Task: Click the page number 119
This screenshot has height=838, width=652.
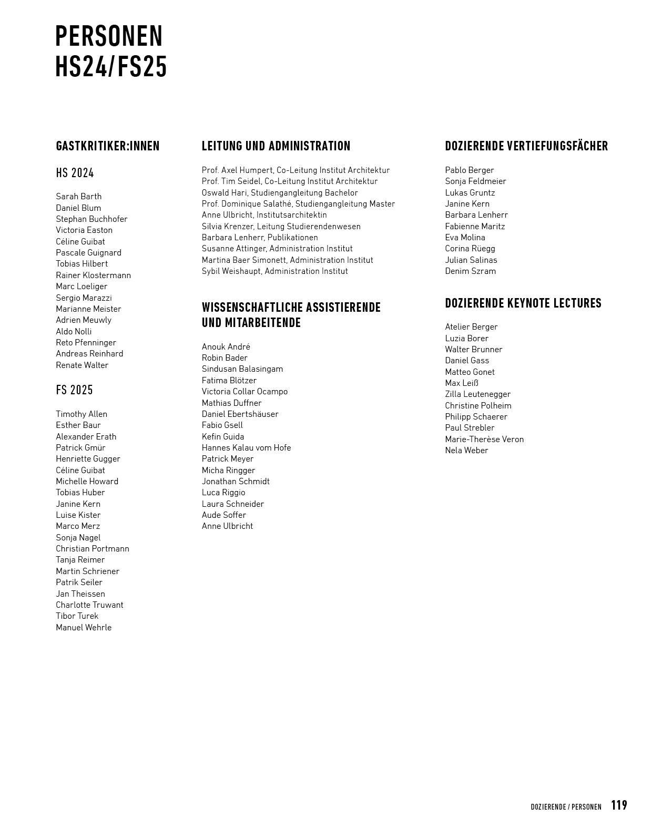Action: (x=619, y=805)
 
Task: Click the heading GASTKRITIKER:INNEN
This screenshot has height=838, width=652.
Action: (x=108, y=146)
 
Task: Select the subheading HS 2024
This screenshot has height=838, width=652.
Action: (x=75, y=173)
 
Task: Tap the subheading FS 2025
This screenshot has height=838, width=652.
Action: (x=75, y=390)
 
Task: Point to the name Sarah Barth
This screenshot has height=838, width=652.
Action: (x=79, y=197)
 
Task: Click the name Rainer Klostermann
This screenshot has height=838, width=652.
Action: (x=94, y=275)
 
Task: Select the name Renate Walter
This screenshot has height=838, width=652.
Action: (x=82, y=365)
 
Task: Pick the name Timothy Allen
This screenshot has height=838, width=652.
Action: (x=81, y=414)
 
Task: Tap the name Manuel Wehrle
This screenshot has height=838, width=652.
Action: (x=84, y=627)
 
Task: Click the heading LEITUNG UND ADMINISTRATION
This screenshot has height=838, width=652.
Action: (x=276, y=146)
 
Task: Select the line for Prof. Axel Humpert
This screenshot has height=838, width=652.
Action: (x=296, y=170)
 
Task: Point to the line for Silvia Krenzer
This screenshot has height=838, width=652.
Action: (x=281, y=227)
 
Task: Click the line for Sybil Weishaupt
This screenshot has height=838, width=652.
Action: (x=275, y=271)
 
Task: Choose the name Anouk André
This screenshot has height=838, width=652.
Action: (x=226, y=347)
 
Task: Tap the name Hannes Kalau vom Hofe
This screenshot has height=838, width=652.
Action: (x=246, y=448)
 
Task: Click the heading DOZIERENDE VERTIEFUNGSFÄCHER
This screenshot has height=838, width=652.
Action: (x=526, y=146)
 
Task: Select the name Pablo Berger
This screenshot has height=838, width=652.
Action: (x=470, y=170)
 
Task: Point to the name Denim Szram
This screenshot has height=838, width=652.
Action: (x=471, y=271)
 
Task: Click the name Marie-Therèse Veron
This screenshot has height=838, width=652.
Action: (x=484, y=440)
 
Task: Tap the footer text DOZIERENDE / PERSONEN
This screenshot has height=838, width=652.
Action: (x=566, y=807)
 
